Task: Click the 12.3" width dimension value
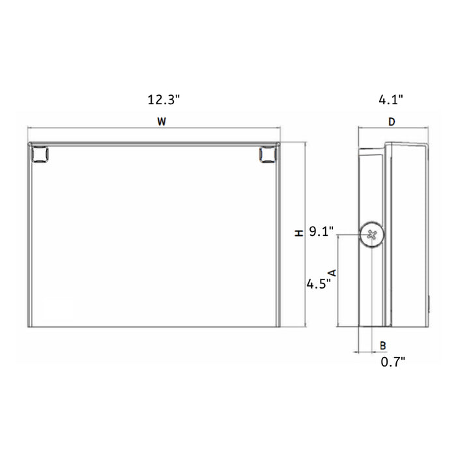coord(163,100)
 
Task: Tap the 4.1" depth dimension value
coord(391,100)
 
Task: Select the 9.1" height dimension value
coord(321,231)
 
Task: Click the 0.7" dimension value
coord(393,362)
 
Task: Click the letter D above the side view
coord(392,122)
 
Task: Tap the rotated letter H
coord(298,232)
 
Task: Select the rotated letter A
coord(332,272)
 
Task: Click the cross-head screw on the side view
coord(372,235)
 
